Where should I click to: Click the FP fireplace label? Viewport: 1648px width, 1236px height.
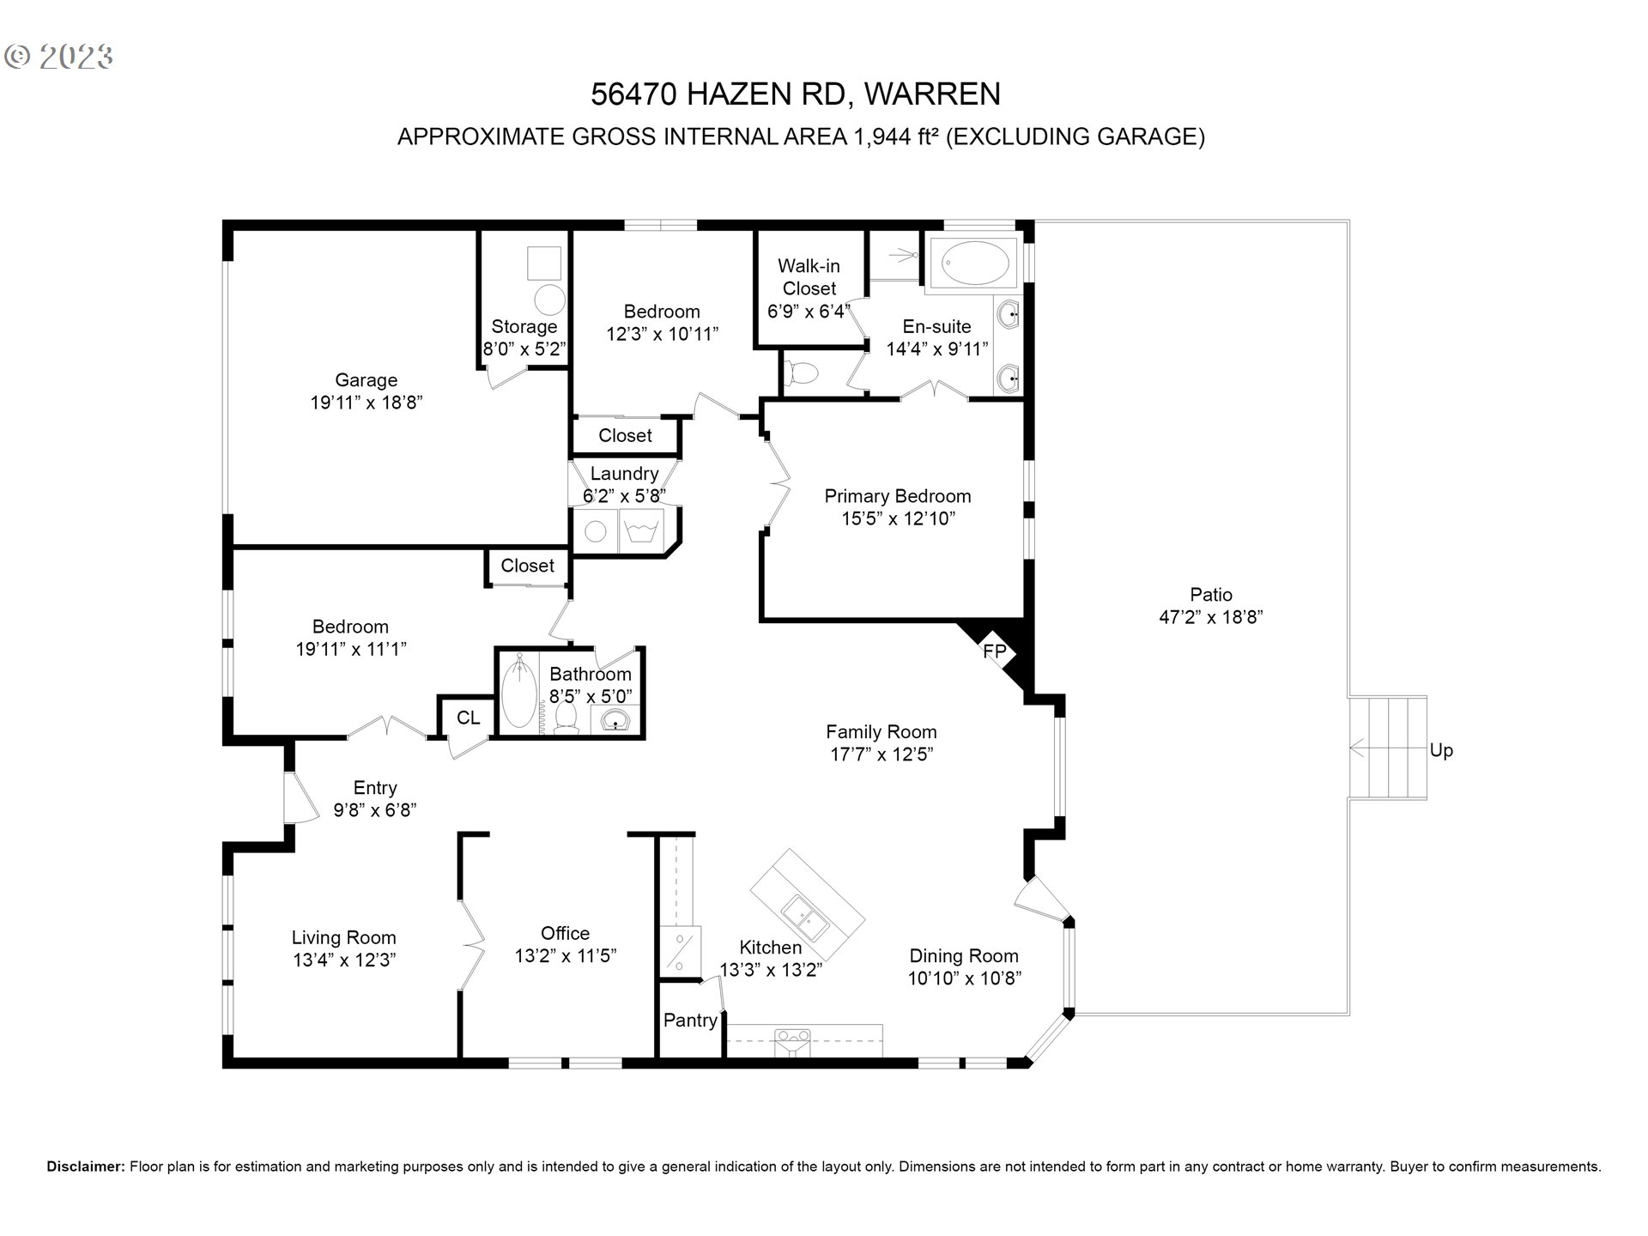pos(994,651)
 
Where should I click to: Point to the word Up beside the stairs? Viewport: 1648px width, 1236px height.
pos(1441,750)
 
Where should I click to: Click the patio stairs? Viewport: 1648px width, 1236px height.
pos(1387,748)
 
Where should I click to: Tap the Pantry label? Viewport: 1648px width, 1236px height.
pos(690,1020)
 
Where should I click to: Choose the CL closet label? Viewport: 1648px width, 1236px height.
pos(468,718)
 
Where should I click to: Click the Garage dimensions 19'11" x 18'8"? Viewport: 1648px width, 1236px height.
pos(367,403)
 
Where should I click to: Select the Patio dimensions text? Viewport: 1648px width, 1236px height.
pos(1211,617)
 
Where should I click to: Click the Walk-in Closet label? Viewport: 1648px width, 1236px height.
pos(809,277)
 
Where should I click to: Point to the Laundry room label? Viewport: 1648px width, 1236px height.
pos(624,473)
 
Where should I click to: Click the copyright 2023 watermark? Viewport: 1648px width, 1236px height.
pos(58,57)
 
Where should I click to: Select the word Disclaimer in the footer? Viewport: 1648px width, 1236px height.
pos(86,1166)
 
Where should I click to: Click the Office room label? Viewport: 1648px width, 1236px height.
pos(565,933)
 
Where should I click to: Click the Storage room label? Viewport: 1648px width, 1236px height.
pos(524,327)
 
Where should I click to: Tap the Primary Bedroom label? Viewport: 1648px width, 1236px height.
pos(898,496)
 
